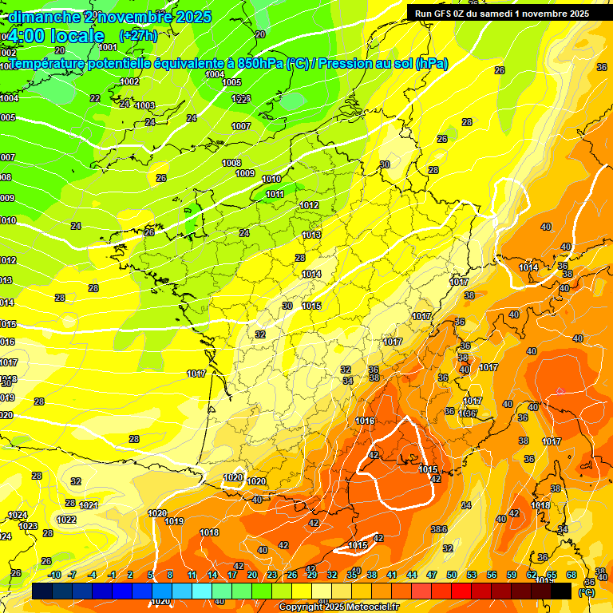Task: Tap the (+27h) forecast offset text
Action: coord(138,35)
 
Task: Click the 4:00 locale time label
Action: coord(56,36)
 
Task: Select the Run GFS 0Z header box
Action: coord(498,13)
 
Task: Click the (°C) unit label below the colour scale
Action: coord(586,592)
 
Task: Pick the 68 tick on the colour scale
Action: coord(571,575)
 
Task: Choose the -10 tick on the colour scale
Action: coord(54,575)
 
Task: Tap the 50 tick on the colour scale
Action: coord(452,575)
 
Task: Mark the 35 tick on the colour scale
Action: coord(352,575)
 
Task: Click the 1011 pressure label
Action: coord(275,194)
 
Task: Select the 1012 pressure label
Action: coord(310,205)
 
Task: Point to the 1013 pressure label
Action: coord(311,235)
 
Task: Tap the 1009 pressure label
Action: coord(245,173)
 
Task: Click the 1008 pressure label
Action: coord(231,163)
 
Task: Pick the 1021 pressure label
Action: coord(89,505)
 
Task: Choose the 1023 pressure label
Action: coord(28,526)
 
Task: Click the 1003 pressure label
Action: coord(145,105)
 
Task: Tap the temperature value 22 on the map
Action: coord(95,98)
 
